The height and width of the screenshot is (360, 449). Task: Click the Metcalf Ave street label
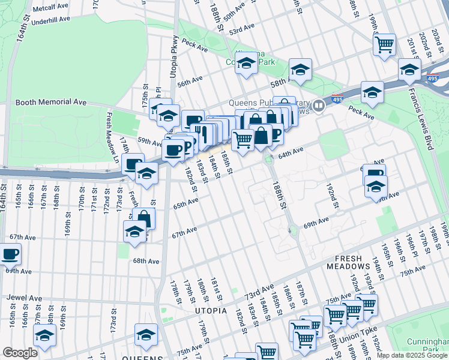coord(50,8)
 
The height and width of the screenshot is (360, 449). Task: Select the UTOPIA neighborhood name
coord(211,311)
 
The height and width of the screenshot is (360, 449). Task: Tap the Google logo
coord(20,353)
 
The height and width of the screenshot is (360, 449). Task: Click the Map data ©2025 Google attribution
coord(412,355)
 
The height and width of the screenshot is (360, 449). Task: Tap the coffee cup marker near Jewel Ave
coord(10,254)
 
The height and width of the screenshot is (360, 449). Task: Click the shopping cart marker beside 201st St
coord(384,44)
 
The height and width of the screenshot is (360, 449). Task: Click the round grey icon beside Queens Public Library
coord(319,106)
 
